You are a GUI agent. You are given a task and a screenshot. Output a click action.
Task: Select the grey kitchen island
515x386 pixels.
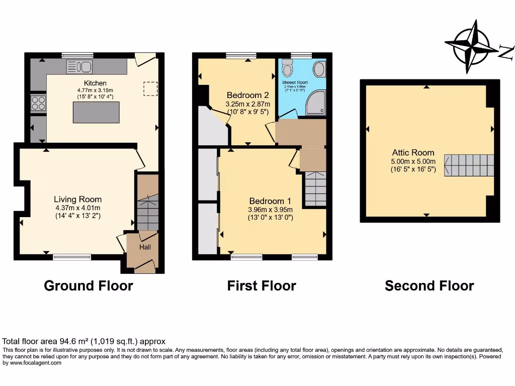point(97,112)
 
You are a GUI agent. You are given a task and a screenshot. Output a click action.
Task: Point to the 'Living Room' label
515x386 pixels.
point(78,199)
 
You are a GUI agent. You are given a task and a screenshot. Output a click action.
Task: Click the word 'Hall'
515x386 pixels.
point(144,247)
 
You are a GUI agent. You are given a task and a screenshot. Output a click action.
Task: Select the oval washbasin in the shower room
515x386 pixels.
point(319,69)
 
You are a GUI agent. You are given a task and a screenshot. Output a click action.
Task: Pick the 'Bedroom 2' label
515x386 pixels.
point(247,95)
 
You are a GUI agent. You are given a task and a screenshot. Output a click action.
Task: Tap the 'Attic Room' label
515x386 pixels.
point(413,153)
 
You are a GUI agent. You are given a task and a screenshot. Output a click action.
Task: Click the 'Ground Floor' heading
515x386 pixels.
point(89,286)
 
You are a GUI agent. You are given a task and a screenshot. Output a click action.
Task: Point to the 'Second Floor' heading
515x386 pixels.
point(429,286)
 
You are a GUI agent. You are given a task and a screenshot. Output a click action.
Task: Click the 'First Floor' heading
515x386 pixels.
point(262,286)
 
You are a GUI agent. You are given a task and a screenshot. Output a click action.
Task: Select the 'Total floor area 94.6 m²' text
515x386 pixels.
point(84,341)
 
